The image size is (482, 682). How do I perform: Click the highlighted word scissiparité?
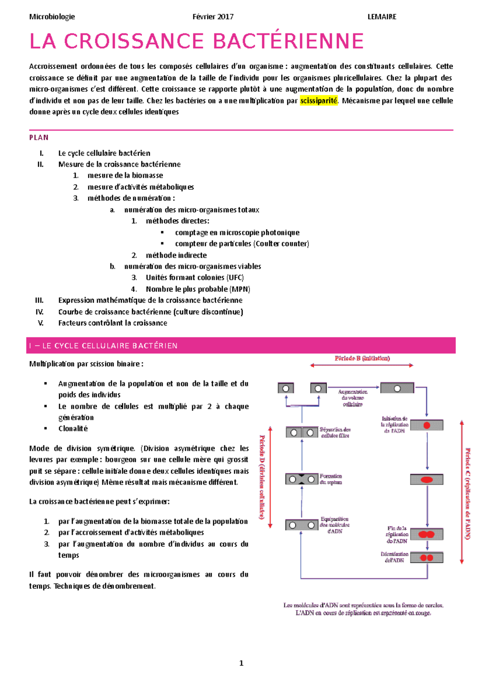(319, 100)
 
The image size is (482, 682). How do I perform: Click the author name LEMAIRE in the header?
(382, 17)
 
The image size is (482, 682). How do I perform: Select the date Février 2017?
(213, 17)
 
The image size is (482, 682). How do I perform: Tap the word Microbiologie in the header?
(52, 17)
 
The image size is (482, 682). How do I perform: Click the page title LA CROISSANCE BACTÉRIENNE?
(196, 41)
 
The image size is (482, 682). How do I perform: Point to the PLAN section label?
(39, 137)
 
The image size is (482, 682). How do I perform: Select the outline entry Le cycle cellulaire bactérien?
(104, 153)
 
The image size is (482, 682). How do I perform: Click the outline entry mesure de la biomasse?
(125, 175)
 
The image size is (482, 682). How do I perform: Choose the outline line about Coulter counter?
(242, 243)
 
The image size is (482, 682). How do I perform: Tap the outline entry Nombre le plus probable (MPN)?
(198, 289)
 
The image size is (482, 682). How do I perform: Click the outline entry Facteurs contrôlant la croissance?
(112, 323)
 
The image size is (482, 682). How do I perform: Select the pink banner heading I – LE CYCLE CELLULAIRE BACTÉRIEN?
(104, 346)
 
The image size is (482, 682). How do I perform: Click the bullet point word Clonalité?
(73, 429)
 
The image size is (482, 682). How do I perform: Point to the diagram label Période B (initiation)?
(362, 358)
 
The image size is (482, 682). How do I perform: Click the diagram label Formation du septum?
(331, 479)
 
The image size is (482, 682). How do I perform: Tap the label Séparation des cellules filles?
(335, 432)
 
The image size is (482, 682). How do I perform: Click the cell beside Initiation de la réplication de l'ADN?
(427, 425)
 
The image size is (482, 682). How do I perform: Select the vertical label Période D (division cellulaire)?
(262, 477)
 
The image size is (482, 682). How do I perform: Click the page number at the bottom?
(241, 663)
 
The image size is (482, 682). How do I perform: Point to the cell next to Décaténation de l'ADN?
(427, 557)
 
